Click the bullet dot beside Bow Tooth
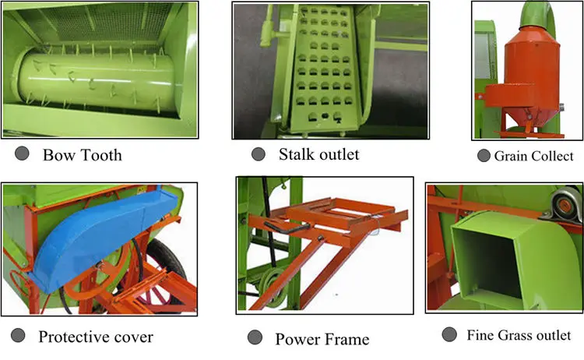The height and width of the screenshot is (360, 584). pyautogui.click(x=23, y=154)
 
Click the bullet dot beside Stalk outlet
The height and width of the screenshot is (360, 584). pyautogui.click(x=258, y=154)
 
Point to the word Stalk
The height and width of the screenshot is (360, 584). pyautogui.click(x=296, y=154)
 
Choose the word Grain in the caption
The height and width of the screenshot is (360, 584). pyautogui.click(x=511, y=157)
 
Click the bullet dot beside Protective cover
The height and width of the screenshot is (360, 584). pyautogui.click(x=19, y=337)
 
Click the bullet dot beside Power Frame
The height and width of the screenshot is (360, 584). pyautogui.click(x=254, y=337)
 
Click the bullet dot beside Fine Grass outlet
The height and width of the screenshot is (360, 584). pyautogui.click(x=449, y=334)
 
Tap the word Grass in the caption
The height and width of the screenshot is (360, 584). pyautogui.click(x=517, y=335)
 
